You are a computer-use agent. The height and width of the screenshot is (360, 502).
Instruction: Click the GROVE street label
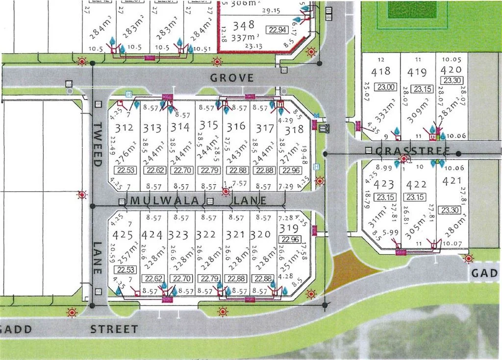pyautogui.click(x=232, y=78)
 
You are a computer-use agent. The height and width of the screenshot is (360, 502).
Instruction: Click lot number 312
pyautogui.click(x=125, y=128)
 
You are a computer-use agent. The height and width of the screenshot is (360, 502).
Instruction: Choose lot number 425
pyautogui.click(x=123, y=235)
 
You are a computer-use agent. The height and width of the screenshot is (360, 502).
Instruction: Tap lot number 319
pyautogui.click(x=288, y=229)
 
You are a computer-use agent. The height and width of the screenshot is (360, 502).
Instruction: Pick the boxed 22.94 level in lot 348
pyautogui.click(x=276, y=29)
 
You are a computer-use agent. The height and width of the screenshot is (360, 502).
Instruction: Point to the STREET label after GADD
pyautogui.click(x=114, y=329)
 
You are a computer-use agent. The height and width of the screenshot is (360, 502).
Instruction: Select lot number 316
pyautogui.click(x=236, y=127)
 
